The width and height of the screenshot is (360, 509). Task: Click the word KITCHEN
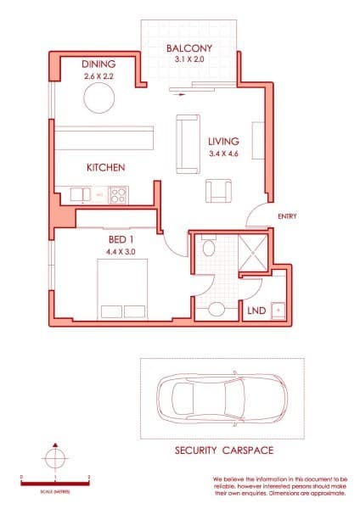pyautogui.click(x=106, y=168)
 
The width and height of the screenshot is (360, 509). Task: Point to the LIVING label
pyautogui.click(x=224, y=141)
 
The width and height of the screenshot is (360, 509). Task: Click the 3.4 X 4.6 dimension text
pyautogui.click(x=224, y=154)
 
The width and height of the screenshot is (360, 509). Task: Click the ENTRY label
pyautogui.click(x=287, y=217)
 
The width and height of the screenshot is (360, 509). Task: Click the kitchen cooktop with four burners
pyautogui.click(x=118, y=194)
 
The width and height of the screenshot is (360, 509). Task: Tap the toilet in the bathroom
pyautogui.click(x=217, y=307)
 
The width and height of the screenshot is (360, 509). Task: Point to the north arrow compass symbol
pyautogui.click(x=55, y=459)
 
